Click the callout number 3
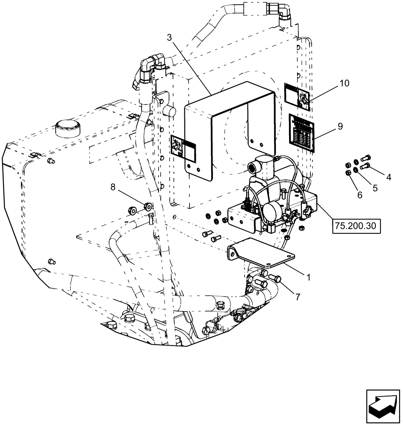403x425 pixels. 169,37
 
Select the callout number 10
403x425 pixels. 344,83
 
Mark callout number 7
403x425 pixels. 298,297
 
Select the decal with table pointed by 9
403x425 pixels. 301,132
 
